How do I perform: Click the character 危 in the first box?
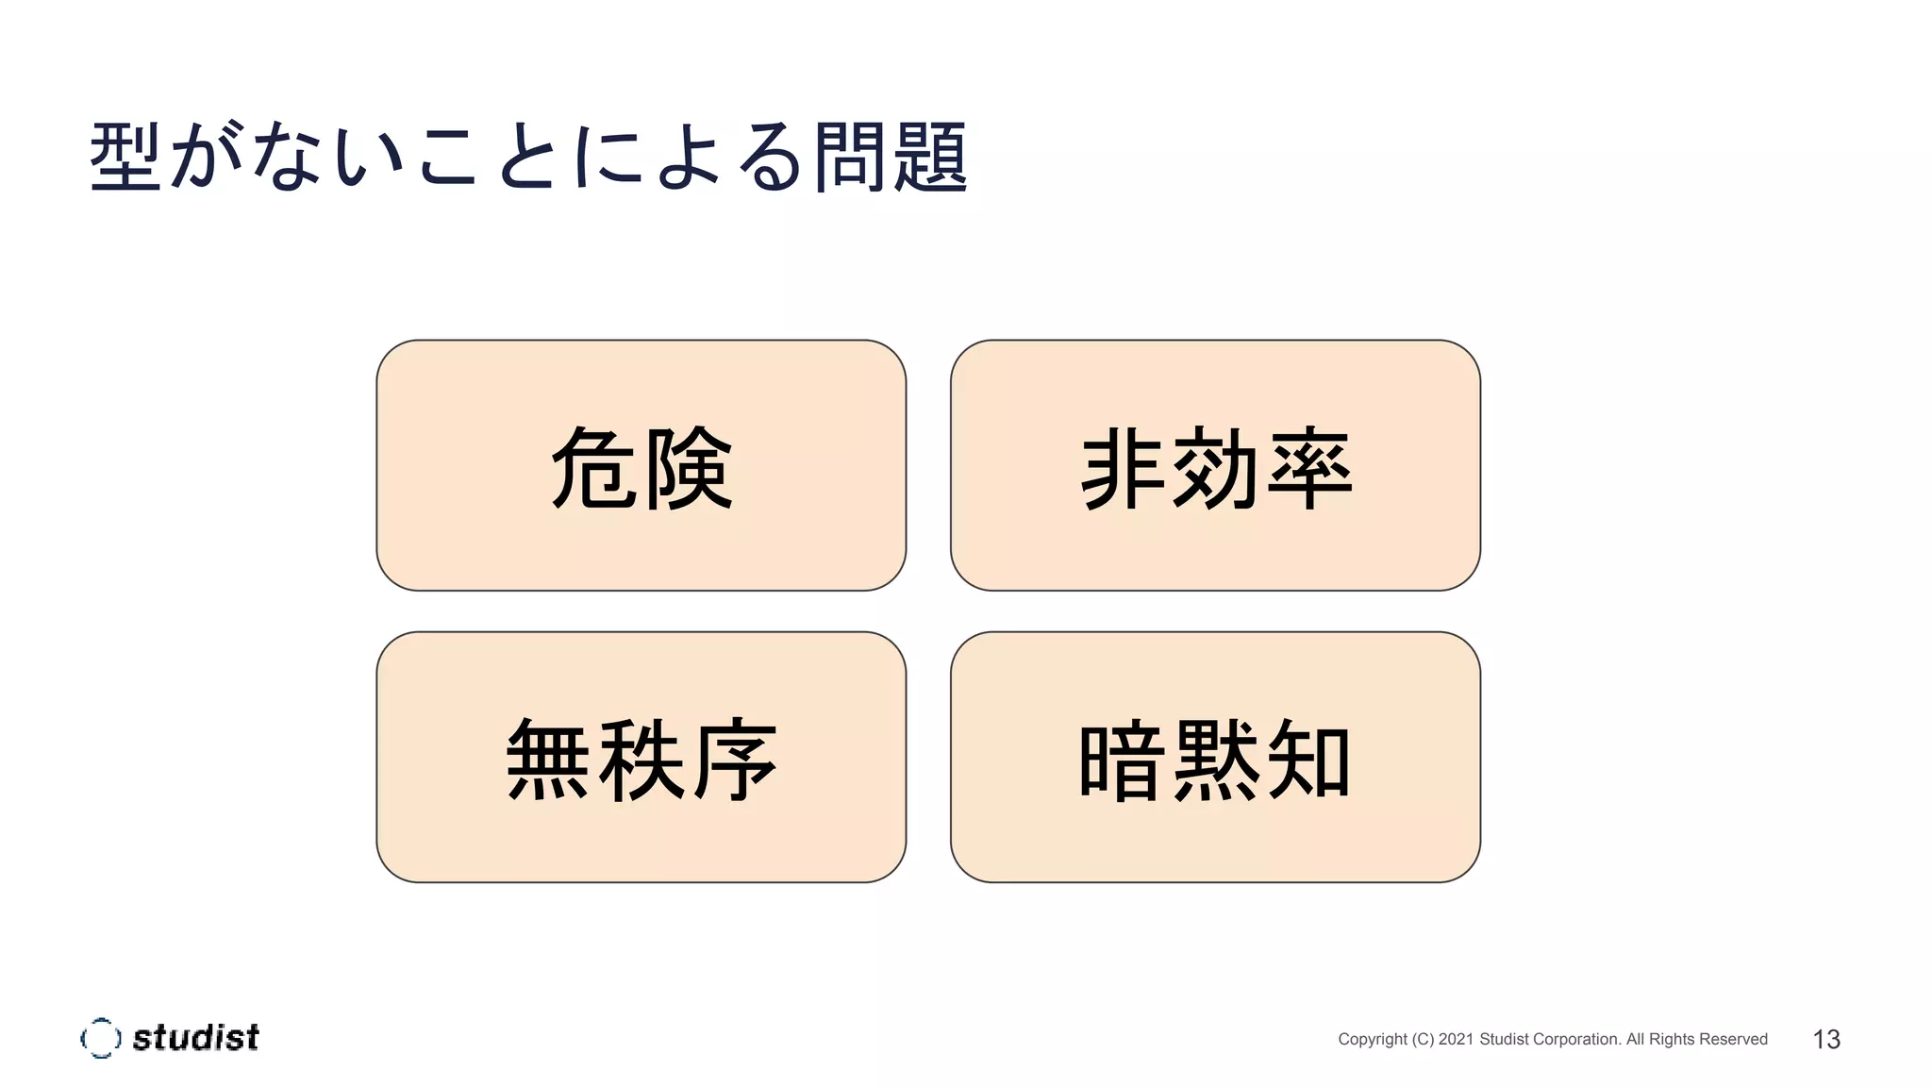coord(593,468)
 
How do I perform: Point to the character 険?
coord(688,468)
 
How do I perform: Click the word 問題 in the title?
coord(890,158)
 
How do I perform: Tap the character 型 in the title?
coord(125,158)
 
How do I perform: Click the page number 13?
coord(1826,1039)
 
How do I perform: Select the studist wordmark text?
coord(195,1038)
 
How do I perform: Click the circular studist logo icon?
coord(100,1038)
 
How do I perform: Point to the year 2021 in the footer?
coord(1456,1039)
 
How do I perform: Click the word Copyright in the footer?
coord(1373,1039)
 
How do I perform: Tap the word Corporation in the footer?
coord(1576,1039)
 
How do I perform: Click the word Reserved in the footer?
coord(1734,1039)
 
